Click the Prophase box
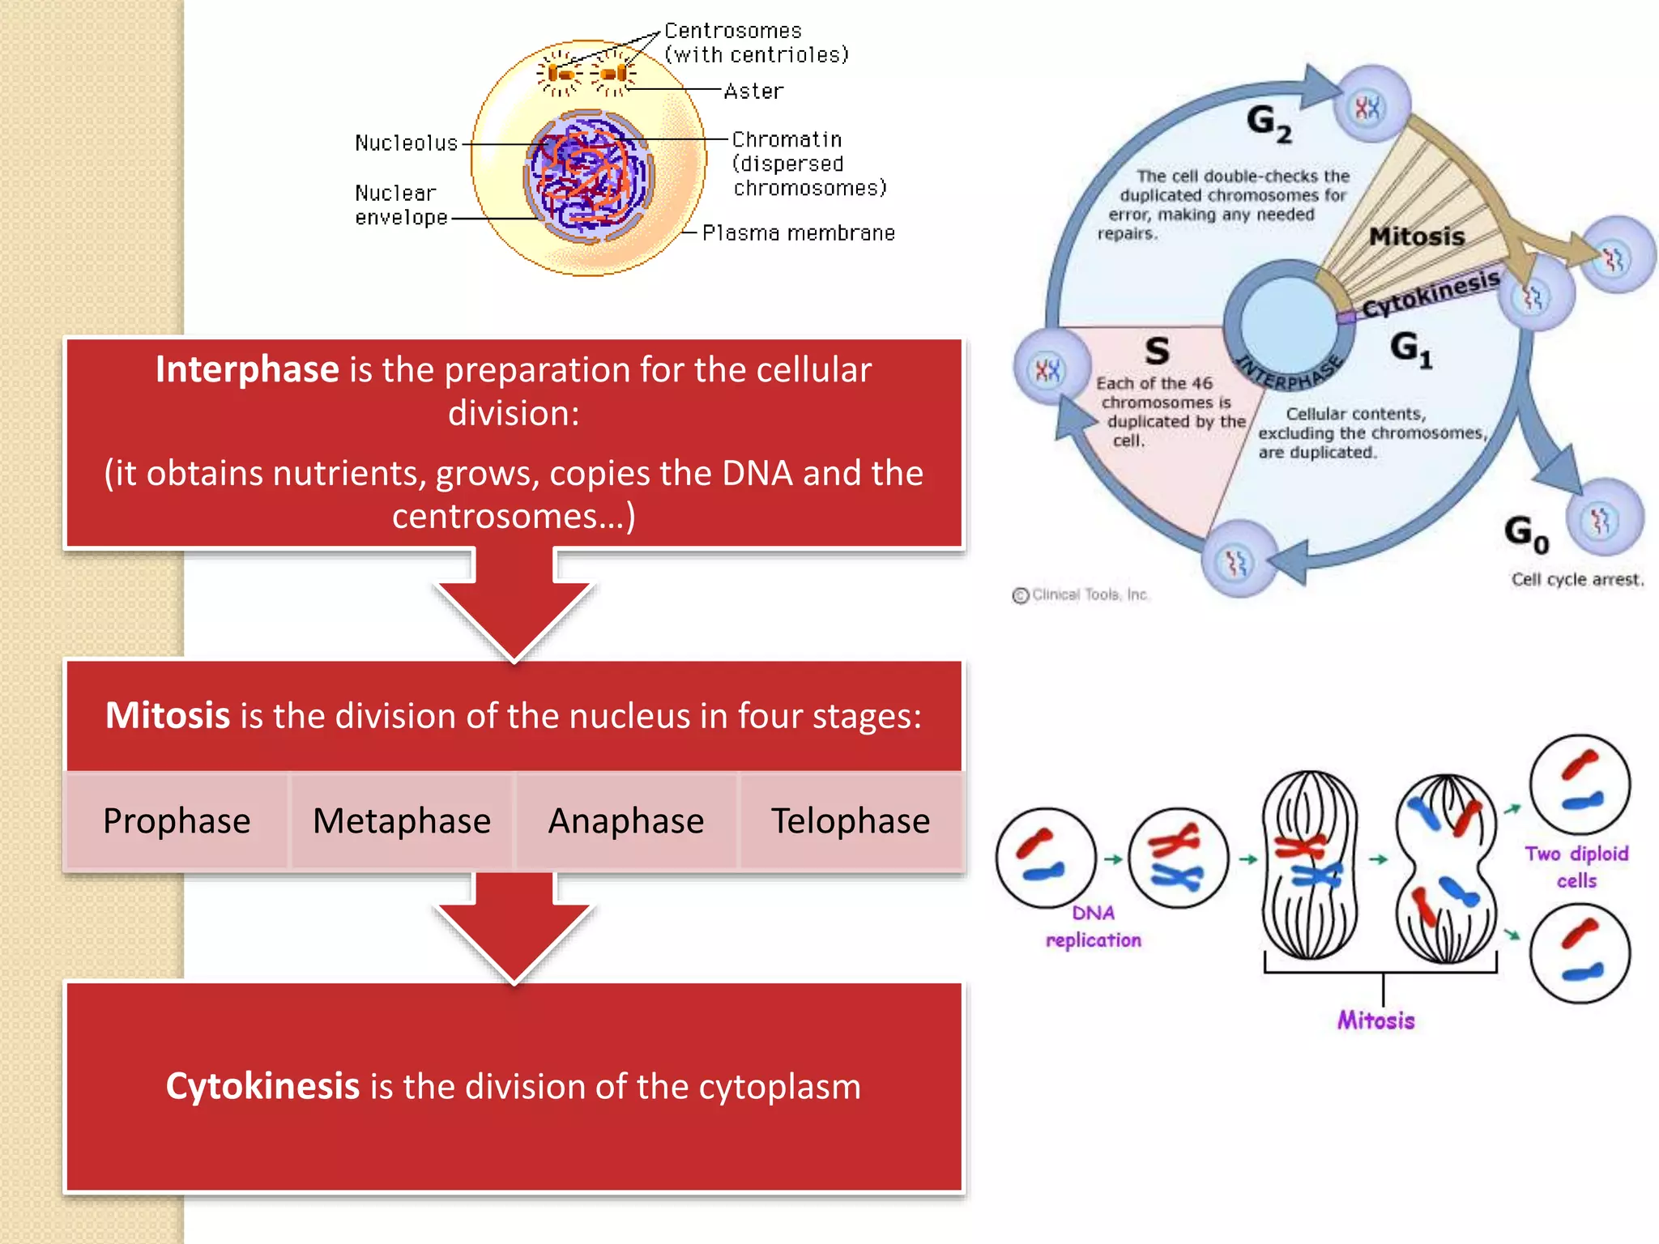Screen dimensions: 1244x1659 coord(177,821)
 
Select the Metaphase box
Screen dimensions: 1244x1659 coord(402,821)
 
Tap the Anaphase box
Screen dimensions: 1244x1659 coord(626,821)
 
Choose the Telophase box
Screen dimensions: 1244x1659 coord(851,821)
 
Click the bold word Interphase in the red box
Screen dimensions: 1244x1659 coord(247,369)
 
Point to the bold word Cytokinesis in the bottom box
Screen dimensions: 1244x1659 coord(262,1086)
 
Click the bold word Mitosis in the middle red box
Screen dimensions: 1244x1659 coord(168,716)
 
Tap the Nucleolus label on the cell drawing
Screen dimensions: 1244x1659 coord(406,143)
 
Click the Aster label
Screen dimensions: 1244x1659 coord(753,92)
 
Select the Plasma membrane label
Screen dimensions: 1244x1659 coord(798,233)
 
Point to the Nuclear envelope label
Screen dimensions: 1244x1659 coord(400,205)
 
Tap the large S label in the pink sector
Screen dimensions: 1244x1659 coord(1157,351)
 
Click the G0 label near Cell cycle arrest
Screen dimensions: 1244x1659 coord(1526,535)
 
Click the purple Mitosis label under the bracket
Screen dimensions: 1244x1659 coord(1375,1020)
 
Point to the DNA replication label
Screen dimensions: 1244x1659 coord(1094,927)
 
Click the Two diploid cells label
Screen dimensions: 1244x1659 coord(1576,867)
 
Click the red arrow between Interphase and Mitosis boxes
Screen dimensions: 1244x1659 coord(514,607)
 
